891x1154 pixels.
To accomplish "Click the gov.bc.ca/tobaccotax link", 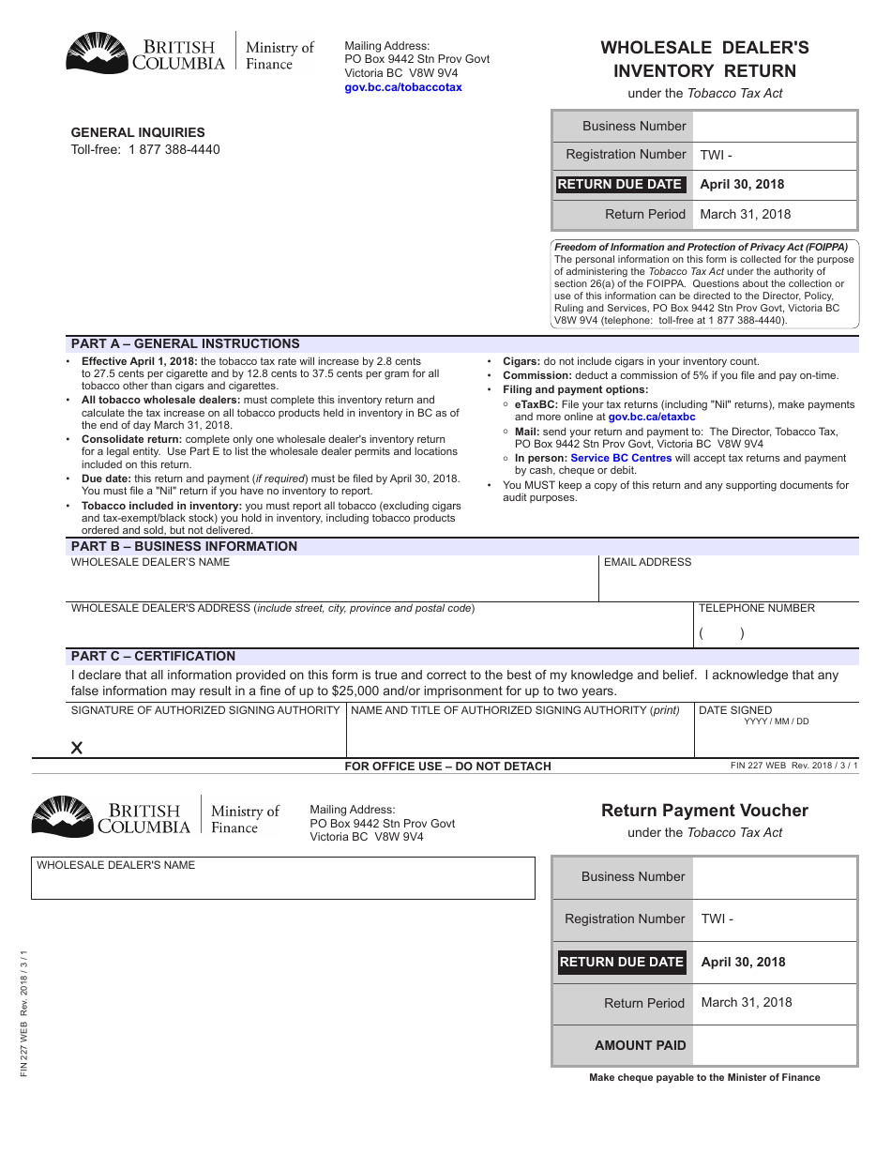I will click(x=403, y=87).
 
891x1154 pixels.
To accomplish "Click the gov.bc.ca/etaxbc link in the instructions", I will click(x=652, y=417).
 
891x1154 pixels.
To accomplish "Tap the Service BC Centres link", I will click(x=621, y=458).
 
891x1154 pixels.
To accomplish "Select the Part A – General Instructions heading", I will click(x=185, y=343).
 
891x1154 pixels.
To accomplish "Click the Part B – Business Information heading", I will click(x=184, y=546).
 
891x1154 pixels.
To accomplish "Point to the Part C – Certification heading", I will click(x=153, y=656).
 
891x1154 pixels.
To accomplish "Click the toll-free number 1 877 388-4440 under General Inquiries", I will click(x=174, y=149).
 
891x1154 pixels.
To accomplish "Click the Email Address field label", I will click(x=647, y=562).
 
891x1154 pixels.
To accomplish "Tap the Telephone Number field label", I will click(x=756, y=608).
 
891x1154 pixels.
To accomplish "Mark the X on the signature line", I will click(x=77, y=748).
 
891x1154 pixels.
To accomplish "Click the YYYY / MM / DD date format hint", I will click(x=776, y=721).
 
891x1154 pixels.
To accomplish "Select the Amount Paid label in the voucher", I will click(x=640, y=1045).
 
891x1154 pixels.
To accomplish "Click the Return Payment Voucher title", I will click(x=704, y=811).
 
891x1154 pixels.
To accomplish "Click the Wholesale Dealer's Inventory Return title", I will click(x=704, y=59).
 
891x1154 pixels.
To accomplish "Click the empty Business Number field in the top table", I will click(x=775, y=127).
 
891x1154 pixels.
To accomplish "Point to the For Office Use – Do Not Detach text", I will click(x=447, y=767).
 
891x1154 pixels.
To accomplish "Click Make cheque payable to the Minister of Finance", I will click(x=704, y=1077).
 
